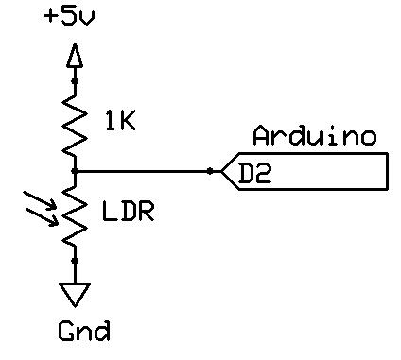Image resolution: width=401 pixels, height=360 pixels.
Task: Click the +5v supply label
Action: (x=69, y=16)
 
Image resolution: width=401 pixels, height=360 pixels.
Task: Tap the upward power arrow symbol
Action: (x=75, y=56)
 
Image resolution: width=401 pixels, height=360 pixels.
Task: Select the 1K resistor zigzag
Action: (x=75, y=126)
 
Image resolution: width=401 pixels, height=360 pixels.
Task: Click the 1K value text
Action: (x=121, y=121)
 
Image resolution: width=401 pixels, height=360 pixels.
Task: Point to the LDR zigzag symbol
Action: (x=75, y=214)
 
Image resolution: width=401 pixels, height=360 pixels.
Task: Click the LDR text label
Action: (x=129, y=211)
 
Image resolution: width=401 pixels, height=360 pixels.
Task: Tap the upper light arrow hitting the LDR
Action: (x=41, y=201)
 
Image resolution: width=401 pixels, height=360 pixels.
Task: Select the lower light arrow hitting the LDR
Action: (x=42, y=216)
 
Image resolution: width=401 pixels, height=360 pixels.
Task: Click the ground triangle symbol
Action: (x=75, y=295)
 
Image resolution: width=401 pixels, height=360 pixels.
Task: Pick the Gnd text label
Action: (x=84, y=331)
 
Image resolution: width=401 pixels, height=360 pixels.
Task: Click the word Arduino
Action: (x=315, y=136)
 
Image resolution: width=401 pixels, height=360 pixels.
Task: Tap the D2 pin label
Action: (x=254, y=173)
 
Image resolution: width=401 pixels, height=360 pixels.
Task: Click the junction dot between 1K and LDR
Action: (x=75, y=171)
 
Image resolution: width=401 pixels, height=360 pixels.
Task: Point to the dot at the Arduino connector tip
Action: (x=210, y=171)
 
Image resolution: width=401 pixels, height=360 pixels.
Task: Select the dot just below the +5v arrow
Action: (x=75, y=81)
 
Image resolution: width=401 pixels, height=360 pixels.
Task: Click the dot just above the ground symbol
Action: (x=75, y=261)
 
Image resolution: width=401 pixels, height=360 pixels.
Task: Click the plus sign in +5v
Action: (x=51, y=16)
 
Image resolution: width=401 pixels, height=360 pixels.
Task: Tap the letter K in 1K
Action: (x=129, y=121)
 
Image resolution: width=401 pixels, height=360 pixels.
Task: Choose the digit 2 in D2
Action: (x=263, y=173)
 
